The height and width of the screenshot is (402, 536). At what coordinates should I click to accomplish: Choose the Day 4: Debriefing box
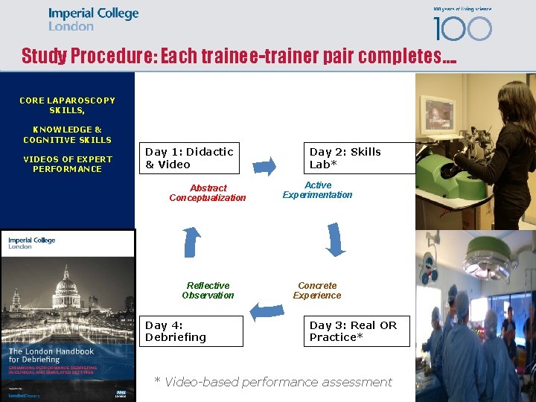click(x=194, y=331)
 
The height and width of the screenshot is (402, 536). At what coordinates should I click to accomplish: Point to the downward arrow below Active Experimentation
click(x=336, y=239)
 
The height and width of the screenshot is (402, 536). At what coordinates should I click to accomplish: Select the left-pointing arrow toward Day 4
click(x=264, y=307)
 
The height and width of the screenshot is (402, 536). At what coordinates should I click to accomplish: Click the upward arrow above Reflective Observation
click(x=192, y=242)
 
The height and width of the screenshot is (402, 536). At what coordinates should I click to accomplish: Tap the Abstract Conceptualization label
click(x=208, y=193)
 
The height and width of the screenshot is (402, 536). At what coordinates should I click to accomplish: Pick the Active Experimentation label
click(x=317, y=190)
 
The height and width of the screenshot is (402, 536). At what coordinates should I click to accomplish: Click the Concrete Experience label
click(x=317, y=290)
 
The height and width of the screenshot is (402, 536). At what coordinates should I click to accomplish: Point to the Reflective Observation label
click(x=208, y=290)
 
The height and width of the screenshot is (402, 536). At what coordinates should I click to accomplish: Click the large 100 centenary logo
click(x=462, y=28)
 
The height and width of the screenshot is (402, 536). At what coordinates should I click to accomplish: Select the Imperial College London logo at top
click(x=93, y=19)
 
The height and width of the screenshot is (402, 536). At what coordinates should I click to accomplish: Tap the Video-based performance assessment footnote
click(x=272, y=382)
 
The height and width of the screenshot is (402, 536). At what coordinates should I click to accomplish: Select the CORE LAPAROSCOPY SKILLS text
click(x=67, y=105)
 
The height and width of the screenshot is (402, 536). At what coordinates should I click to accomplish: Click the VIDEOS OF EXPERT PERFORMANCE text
click(x=67, y=164)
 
